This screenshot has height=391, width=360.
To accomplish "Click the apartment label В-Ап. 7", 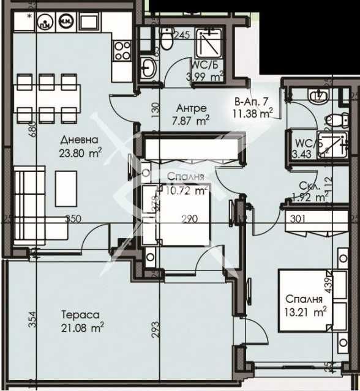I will [x=252, y=102].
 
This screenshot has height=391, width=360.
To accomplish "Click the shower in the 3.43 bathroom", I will [x=331, y=144].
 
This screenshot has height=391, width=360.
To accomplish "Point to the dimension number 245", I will [x=181, y=35].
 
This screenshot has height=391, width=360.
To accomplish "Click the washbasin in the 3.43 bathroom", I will [x=318, y=95].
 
